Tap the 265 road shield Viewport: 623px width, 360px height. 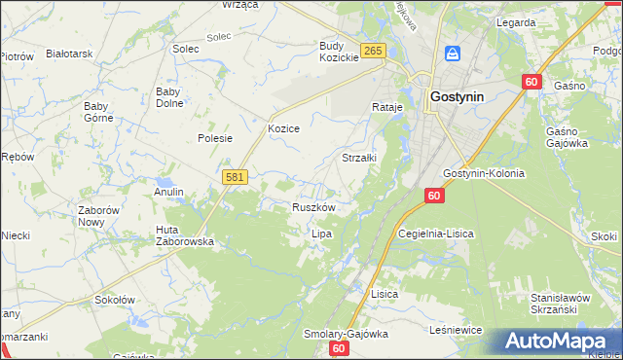tap(372, 51)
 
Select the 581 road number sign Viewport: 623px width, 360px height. tap(235, 177)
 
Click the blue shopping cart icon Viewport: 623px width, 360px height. tap(453, 54)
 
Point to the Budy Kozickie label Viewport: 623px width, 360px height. tap(339, 52)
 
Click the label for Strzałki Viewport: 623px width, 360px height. tap(359, 156)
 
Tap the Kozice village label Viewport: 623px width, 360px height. tap(283, 128)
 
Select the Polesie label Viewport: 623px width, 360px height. tap(215, 138)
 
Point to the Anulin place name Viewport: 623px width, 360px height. tap(168, 192)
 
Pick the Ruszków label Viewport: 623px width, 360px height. tap(313, 207)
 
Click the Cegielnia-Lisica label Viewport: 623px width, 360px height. tap(434, 234)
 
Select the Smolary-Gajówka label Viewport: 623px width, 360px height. tap(345, 333)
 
